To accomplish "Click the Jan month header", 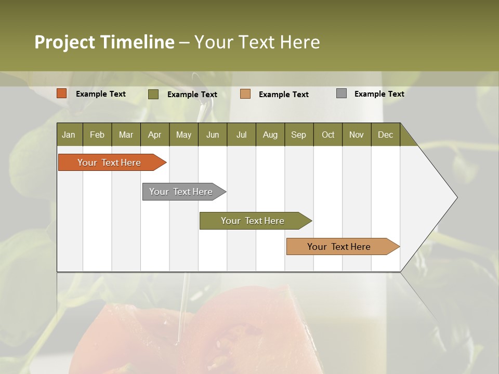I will point(69,135).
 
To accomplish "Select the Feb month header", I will point(97,135).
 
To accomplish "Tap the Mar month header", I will point(126,135).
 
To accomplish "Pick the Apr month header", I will point(155,135).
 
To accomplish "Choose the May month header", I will point(183,135).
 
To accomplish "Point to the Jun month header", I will point(213,135).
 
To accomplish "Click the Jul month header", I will point(241,135).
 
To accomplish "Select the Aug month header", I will point(270,135).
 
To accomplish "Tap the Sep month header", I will point(299,135).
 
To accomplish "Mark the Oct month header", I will point(328,135).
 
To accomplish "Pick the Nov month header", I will point(357,135).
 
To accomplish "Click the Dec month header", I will point(386,135).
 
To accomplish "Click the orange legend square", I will point(62,94).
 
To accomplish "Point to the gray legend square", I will point(342,94).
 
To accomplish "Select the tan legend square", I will point(245,94).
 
